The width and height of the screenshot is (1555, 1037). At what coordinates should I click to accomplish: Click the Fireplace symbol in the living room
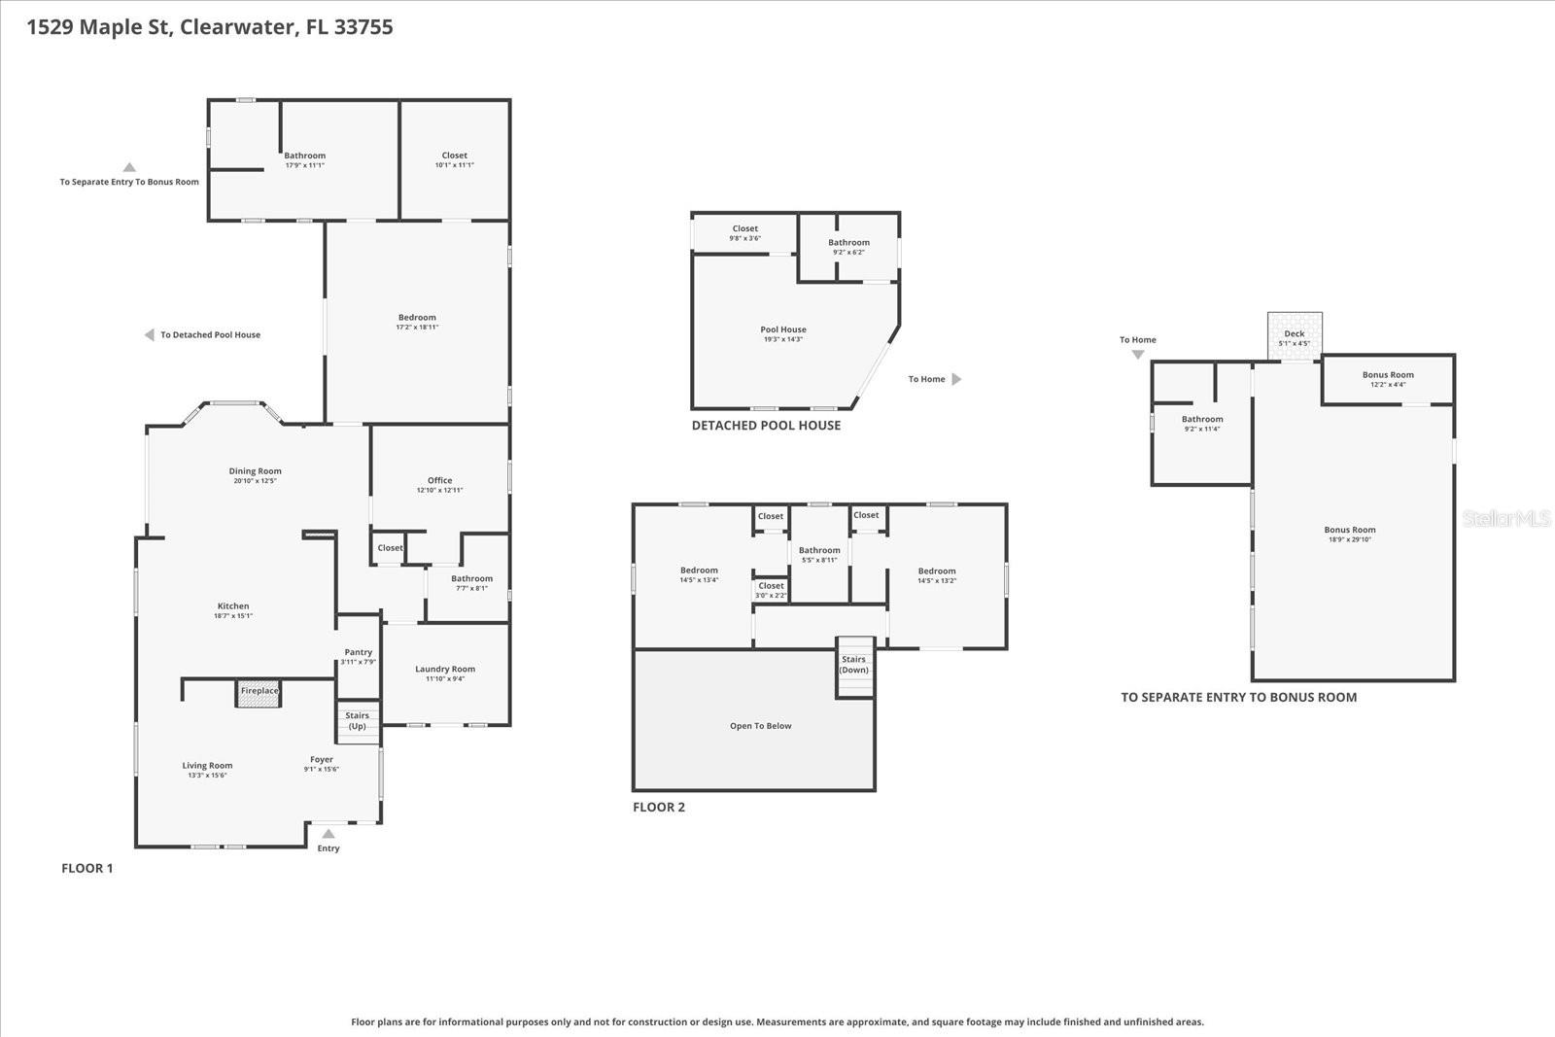point(259,692)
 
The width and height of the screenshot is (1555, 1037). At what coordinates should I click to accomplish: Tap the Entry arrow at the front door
point(328,834)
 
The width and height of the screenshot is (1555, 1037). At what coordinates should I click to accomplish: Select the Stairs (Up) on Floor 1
point(358,722)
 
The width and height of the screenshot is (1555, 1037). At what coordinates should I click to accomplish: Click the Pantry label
point(358,653)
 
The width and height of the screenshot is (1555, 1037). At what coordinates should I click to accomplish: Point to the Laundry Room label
point(445,669)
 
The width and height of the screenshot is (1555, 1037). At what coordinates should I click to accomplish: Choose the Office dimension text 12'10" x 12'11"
point(439,491)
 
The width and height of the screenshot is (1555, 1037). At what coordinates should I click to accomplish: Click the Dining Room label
point(255,471)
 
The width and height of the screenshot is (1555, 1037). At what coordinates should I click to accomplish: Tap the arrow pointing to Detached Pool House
point(150,335)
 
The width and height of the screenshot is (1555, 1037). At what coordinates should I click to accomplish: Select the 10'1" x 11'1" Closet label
point(454,156)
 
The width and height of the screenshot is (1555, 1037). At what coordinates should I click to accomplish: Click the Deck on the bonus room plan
point(1295,336)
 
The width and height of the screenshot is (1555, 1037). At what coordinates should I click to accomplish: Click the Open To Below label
point(760,726)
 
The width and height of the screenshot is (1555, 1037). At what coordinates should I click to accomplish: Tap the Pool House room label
point(782,329)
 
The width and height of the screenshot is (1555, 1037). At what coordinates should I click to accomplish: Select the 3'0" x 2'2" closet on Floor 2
point(771,589)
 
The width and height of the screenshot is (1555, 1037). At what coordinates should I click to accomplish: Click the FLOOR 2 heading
point(659,808)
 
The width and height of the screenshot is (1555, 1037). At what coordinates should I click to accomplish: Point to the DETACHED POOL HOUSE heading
point(766,426)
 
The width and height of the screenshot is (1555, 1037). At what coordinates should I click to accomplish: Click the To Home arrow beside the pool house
point(955,380)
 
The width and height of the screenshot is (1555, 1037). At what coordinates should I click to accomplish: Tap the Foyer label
point(321,760)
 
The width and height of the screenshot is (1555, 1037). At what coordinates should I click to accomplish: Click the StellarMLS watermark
point(1505,519)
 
